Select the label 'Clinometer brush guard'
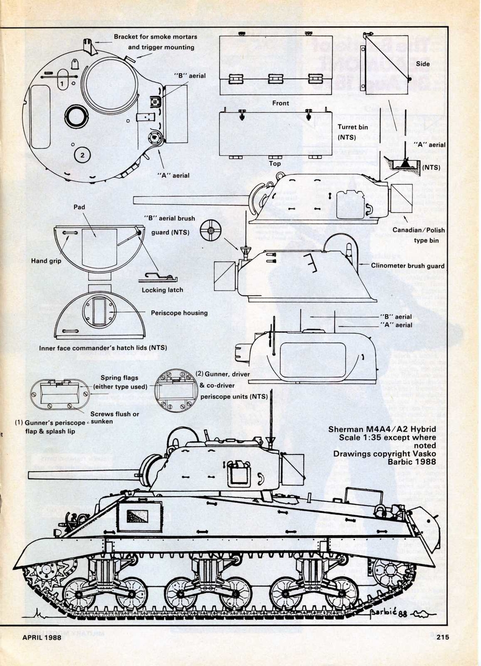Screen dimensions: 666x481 pos(408,266)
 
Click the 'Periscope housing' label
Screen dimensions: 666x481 pos(179,313)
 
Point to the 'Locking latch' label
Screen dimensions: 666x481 pos(162,290)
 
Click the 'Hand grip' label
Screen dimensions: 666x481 pos(47,261)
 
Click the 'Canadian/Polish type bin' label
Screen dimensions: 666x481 pos(419,235)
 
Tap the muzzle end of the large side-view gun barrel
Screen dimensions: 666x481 pos(31,475)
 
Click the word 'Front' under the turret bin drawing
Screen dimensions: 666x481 pos(280,103)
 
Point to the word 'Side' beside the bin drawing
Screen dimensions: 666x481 pos(423,63)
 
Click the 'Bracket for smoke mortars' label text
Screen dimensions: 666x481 pos(155,37)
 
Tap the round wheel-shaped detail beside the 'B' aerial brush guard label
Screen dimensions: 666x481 pos(211,230)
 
